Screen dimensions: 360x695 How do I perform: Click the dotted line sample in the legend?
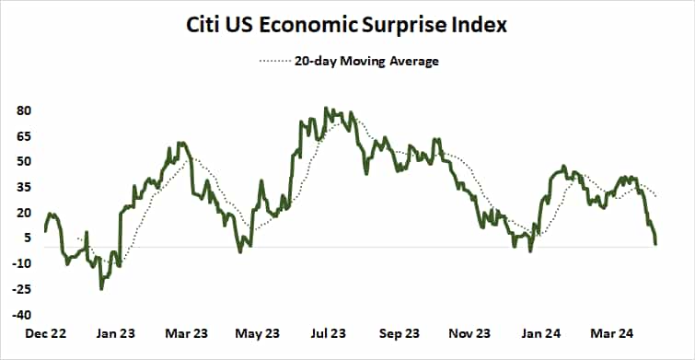pos(276,62)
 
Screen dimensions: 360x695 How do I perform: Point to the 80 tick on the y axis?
pos(25,110)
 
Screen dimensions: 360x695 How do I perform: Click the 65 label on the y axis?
pos(25,136)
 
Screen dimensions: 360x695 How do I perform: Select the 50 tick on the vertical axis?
pos(25,161)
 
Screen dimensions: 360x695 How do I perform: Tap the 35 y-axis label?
pos(25,187)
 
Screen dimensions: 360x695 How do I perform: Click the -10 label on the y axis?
pos(23,263)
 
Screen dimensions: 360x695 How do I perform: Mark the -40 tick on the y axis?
pos(23,314)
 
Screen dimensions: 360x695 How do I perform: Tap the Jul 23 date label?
pos(328,332)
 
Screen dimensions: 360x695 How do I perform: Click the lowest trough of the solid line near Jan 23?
pos(101,289)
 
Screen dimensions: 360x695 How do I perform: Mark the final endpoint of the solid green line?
pos(655,244)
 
